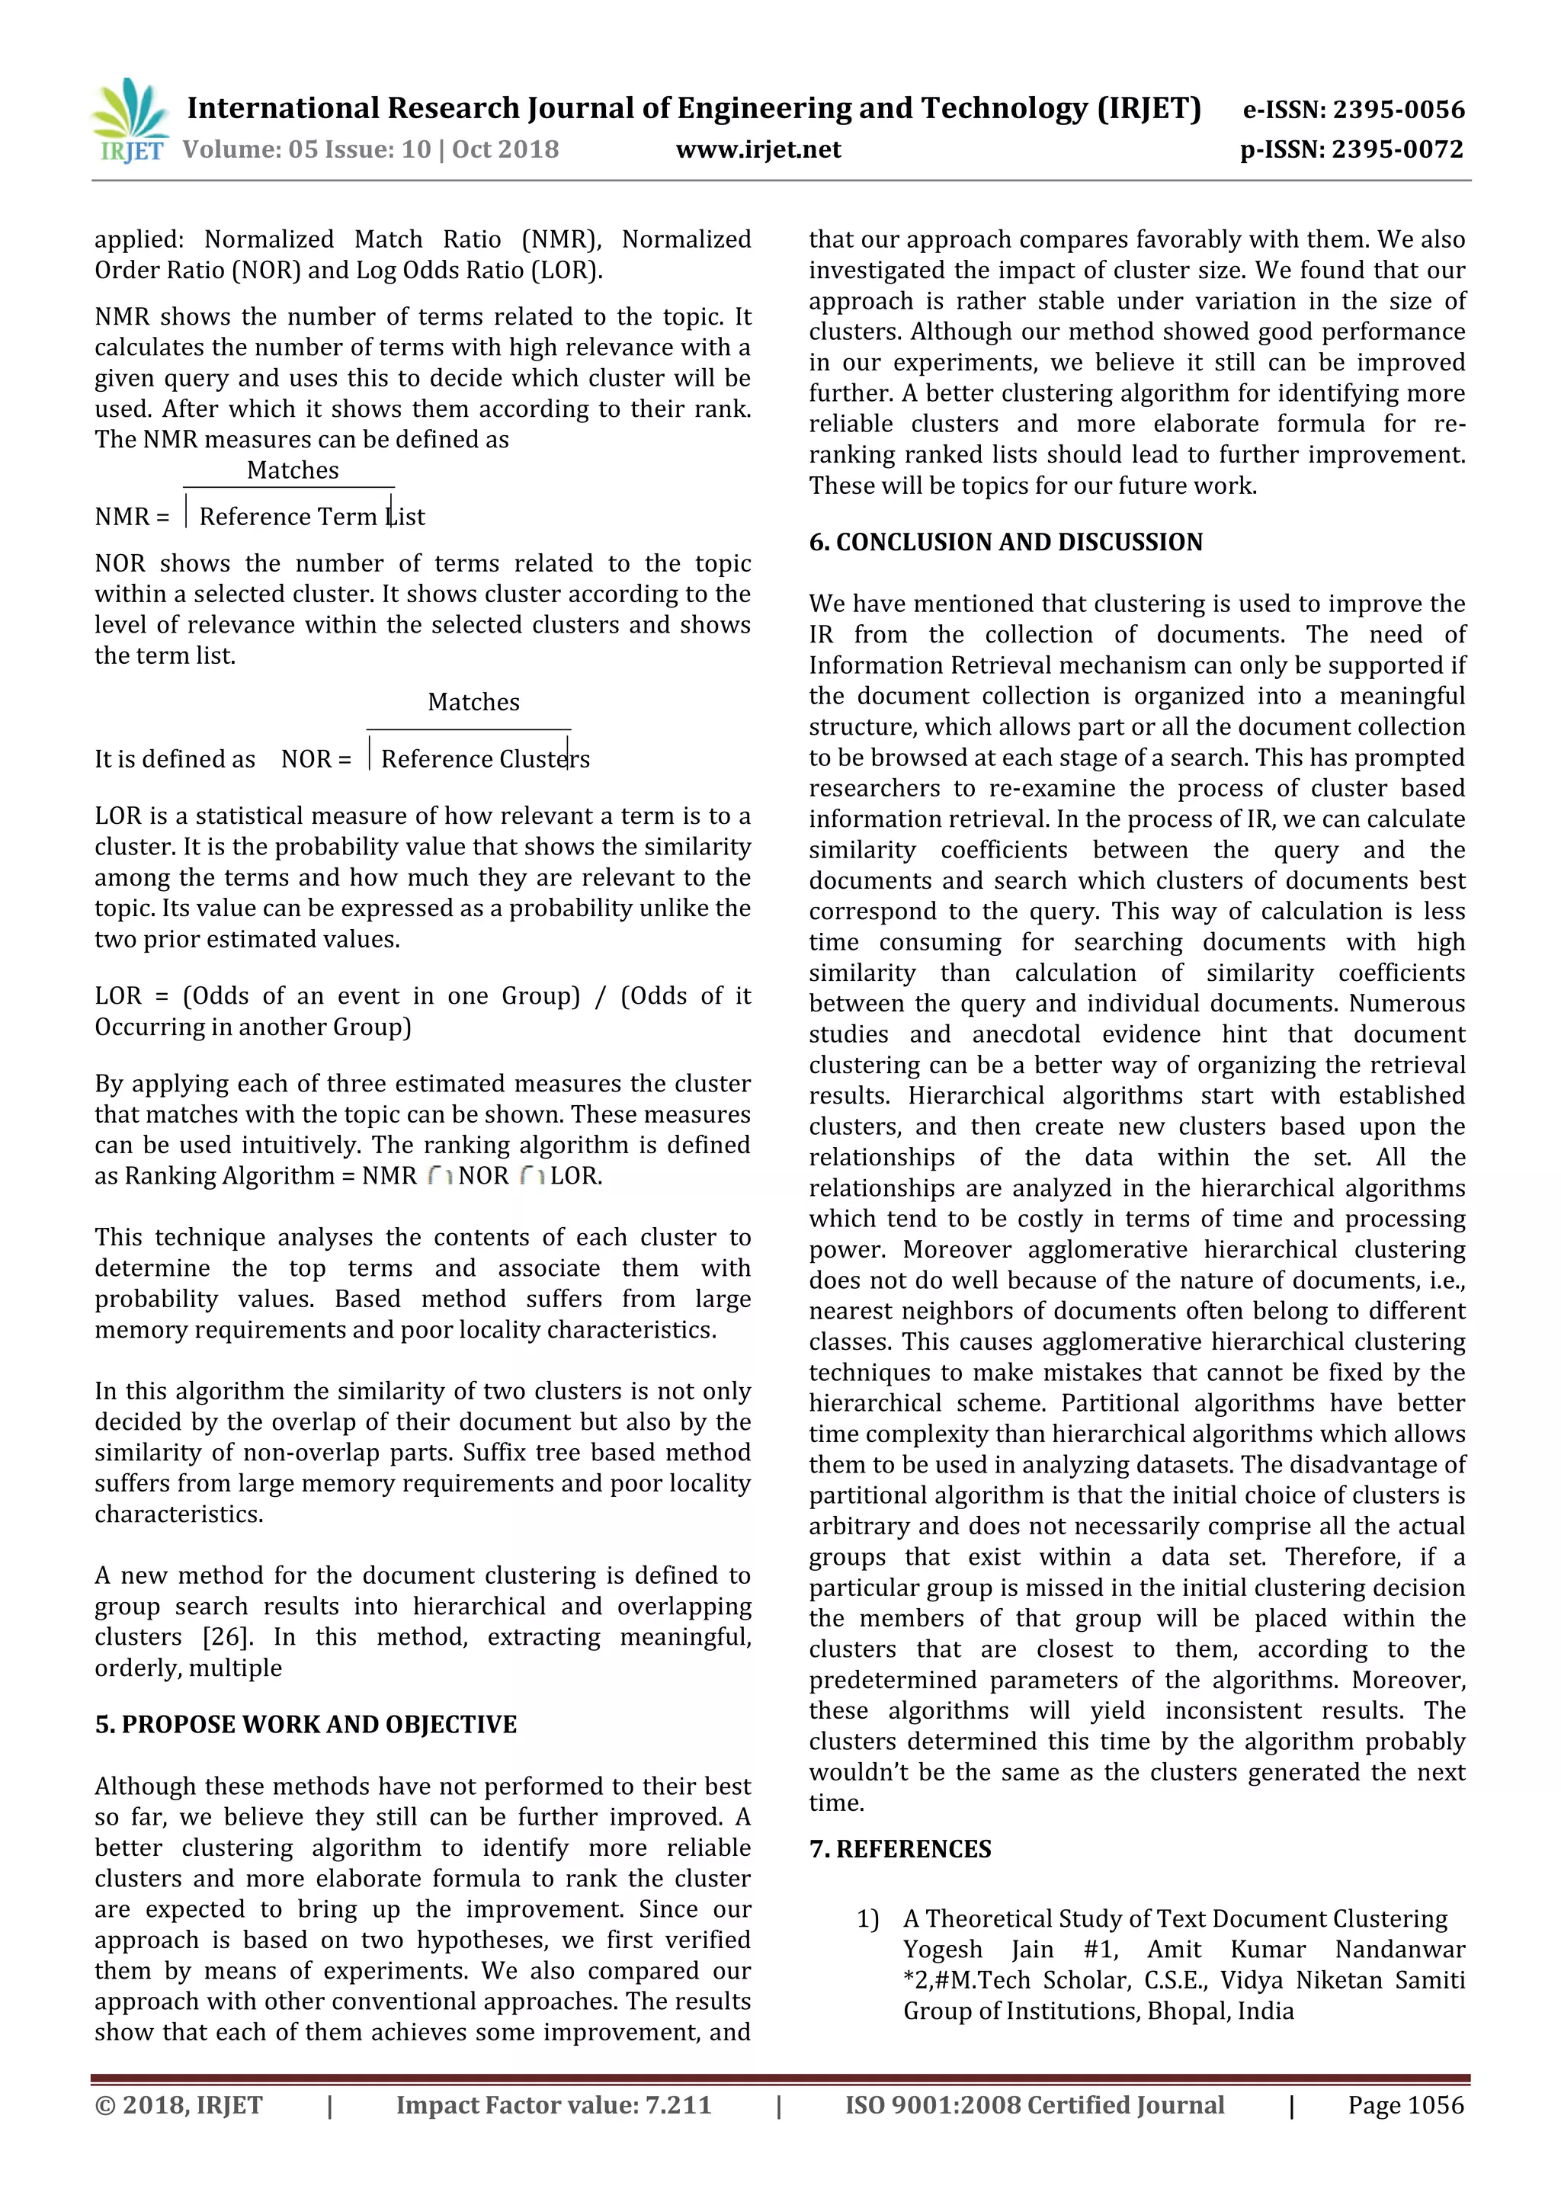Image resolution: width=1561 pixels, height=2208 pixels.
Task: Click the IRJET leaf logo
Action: click(x=129, y=120)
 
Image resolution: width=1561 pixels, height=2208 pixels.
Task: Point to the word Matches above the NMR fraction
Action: click(x=293, y=470)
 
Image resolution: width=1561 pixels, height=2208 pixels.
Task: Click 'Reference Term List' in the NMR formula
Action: click(x=311, y=518)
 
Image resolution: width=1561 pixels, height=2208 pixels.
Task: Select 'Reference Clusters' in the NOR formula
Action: click(x=485, y=760)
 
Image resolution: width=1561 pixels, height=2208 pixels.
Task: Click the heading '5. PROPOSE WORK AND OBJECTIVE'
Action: click(x=305, y=1724)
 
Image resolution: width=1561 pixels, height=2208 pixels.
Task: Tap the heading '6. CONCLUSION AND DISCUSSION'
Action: click(x=1005, y=543)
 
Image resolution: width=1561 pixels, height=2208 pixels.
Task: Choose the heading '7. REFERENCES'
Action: click(x=899, y=1849)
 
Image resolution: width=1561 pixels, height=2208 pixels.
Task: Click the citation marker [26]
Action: click(x=226, y=1637)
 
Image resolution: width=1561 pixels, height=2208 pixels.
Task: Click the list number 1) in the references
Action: click(x=867, y=1919)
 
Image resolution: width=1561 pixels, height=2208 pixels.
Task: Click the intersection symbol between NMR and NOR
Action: click(x=440, y=1176)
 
